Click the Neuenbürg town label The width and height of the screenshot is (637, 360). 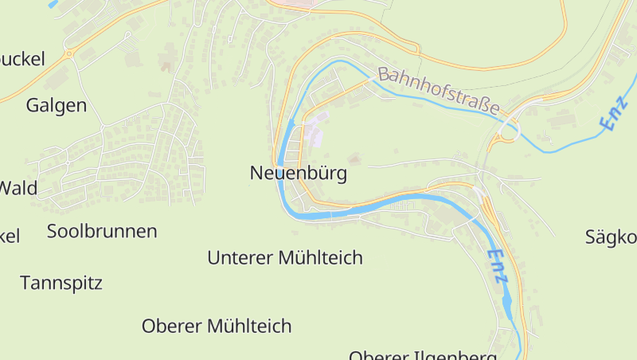(298, 173)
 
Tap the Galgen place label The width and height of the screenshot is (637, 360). (57, 105)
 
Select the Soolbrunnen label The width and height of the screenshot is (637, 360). (102, 231)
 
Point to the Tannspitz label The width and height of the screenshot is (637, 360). (61, 283)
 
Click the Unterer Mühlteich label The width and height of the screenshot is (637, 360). (284, 258)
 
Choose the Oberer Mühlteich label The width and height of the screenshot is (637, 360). (216, 326)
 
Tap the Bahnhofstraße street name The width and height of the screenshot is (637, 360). (439, 90)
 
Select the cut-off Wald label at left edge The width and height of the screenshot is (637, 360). (18, 189)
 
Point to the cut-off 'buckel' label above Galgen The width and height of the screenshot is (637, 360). (21, 58)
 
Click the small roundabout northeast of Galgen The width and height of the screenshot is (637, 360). (69, 54)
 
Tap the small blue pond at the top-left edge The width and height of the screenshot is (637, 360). (53, 3)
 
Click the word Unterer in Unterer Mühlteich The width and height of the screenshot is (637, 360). (238, 258)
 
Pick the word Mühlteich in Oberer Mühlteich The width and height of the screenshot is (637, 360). (249, 326)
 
